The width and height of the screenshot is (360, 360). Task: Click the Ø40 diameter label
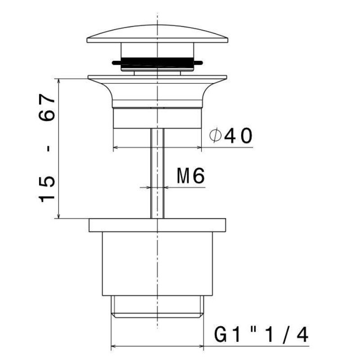(231, 136)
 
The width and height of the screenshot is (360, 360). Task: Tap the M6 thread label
(190, 175)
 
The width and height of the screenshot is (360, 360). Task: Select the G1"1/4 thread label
(261, 335)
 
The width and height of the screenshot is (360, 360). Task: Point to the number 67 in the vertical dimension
(47, 107)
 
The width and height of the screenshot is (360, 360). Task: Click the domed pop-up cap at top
(157, 34)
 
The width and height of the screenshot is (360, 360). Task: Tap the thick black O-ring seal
(157, 62)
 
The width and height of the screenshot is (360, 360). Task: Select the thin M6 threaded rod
(157, 173)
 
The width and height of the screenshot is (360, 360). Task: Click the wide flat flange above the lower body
(157, 225)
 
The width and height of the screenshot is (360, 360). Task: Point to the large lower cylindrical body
(157, 264)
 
